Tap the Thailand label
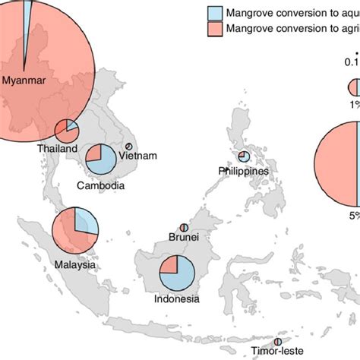57,150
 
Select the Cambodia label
101,185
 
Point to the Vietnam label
137,156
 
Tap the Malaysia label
74,244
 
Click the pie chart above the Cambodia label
100,161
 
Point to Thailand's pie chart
66,131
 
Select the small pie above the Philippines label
244,156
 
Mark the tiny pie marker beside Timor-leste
288,342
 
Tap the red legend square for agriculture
214,28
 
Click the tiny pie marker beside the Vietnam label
129,146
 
